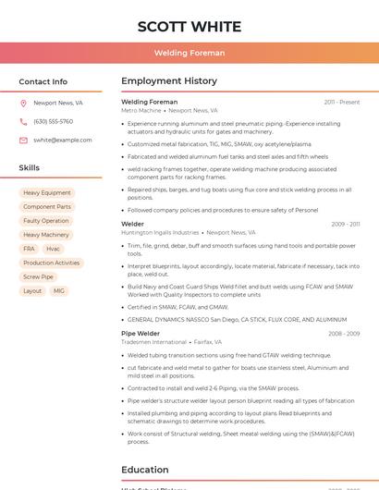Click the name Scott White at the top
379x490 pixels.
189,26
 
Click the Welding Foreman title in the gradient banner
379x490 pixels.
189,53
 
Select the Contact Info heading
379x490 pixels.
43,81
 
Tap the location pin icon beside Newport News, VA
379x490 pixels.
23,104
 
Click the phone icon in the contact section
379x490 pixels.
23,122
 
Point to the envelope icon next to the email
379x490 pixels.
23,141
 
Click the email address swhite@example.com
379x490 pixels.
63,141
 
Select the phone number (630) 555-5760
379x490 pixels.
53,122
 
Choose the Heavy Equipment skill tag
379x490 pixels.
47,193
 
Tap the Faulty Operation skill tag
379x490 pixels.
46,221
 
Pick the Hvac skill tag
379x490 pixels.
53,249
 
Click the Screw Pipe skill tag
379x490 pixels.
39,276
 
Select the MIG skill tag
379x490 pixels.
59,290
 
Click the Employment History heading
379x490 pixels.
169,81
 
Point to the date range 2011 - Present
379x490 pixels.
342,103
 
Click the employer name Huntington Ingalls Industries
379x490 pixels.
160,233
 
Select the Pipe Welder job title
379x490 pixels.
141,334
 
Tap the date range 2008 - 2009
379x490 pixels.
344,334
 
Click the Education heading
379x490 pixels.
145,470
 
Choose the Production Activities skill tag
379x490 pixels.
52,263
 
